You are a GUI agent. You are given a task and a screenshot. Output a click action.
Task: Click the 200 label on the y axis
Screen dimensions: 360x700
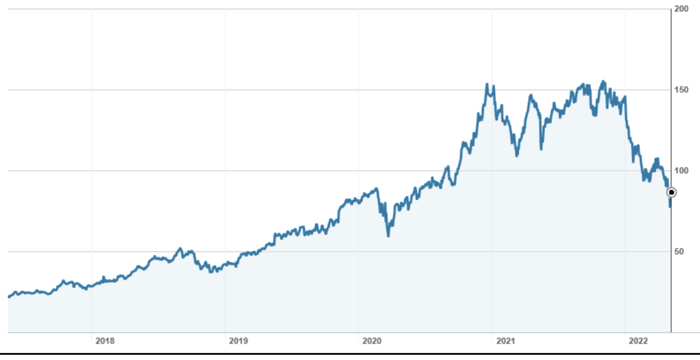point(681,9)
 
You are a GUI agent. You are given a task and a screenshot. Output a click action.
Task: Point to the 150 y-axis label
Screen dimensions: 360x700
point(681,90)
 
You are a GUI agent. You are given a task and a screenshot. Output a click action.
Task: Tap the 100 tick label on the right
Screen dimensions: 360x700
point(681,171)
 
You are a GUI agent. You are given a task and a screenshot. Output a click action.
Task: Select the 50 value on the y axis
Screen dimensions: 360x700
point(679,251)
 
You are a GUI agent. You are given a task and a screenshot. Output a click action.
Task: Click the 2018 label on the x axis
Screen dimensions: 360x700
point(105,341)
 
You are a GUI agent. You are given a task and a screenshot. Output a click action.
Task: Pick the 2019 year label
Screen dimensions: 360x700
point(238,341)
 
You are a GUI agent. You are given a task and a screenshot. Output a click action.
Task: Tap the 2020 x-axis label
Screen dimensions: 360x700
point(372,341)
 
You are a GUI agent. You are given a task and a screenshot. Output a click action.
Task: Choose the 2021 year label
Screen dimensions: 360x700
point(506,341)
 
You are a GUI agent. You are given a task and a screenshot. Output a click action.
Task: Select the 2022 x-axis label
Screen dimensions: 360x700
point(638,341)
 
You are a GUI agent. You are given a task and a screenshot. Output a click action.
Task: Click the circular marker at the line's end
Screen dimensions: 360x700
point(671,192)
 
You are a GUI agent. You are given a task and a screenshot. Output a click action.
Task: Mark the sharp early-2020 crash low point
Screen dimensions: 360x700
point(388,236)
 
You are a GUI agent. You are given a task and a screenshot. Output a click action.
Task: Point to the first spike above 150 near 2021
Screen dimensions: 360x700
point(487,84)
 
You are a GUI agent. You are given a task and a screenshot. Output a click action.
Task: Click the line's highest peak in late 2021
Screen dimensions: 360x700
point(604,81)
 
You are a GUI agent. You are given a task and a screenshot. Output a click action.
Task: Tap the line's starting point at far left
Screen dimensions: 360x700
point(9,296)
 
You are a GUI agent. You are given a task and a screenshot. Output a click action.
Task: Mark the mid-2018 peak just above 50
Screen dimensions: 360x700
point(180,249)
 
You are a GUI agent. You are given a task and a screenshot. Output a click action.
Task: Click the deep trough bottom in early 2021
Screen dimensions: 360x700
point(517,155)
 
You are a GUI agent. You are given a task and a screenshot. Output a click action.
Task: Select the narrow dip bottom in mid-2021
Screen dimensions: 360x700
point(541,149)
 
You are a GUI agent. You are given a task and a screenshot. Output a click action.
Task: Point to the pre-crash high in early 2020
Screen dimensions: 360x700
point(376,189)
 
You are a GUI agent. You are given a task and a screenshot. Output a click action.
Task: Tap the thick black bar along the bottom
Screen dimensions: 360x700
point(350,353)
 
